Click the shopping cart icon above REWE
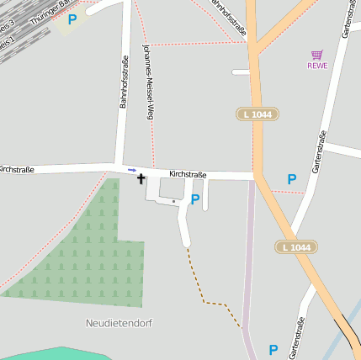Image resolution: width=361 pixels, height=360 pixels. [x=317, y=55]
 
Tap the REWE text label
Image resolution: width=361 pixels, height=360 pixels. [x=317, y=66]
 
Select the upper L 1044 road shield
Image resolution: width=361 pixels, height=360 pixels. [x=257, y=114]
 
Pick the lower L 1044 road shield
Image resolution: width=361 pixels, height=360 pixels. [x=295, y=246]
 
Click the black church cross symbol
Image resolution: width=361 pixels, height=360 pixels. [x=141, y=179]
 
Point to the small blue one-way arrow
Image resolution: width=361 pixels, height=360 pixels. [x=131, y=170]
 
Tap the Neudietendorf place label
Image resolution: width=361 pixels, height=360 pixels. [x=119, y=323]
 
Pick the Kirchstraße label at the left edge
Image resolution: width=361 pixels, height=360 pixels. [x=17, y=169]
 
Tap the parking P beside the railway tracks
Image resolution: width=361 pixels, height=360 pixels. [x=72, y=19]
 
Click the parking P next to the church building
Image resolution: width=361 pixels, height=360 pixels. [x=195, y=199]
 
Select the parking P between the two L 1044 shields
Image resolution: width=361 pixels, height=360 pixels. [x=291, y=179]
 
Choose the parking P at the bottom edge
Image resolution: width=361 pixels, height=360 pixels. [x=273, y=349]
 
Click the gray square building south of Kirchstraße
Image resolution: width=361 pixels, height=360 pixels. [x=171, y=188]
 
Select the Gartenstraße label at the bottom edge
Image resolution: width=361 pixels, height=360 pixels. [x=296, y=339]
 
